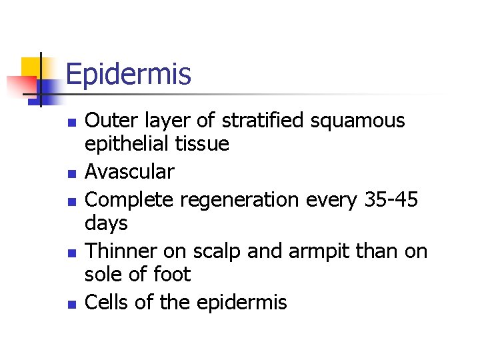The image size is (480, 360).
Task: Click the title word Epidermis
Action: (129, 74)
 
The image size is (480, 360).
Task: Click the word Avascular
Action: (130, 172)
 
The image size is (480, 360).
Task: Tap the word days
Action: (107, 223)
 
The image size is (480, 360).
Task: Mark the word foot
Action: (172, 273)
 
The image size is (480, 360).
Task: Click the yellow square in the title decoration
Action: (32, 67)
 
